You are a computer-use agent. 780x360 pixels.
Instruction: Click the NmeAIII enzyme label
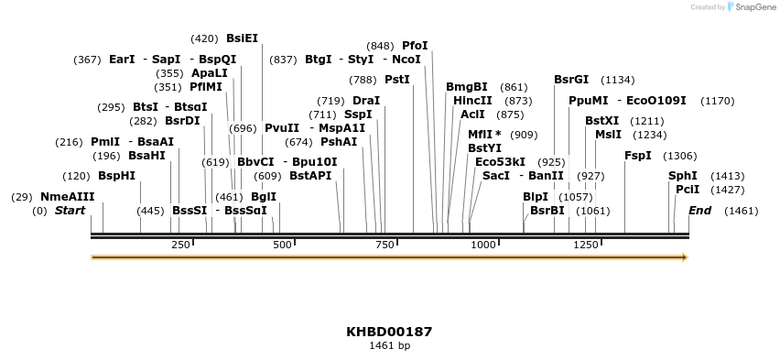[x=67, y=197]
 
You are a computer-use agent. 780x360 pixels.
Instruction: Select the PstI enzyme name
[x=396, y=80]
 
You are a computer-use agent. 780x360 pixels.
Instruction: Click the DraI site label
[x=365, y=101]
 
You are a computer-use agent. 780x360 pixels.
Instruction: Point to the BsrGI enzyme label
[x=571, y=80]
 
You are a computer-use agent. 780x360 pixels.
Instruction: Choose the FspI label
[x=637, y=156]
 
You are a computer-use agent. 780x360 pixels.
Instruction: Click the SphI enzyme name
[x=682, y=176]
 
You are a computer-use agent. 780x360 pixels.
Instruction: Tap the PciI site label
[x=687, y=190]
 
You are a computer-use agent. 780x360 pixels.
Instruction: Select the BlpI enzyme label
[x=535, y=197]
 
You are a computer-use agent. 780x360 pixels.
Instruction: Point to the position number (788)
[x=363, y=80]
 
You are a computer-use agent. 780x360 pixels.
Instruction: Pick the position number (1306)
[x=679, y=156]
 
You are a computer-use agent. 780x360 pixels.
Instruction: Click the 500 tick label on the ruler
[x=282, y=245]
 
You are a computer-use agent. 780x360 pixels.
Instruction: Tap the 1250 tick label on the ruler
[x=585, y=245]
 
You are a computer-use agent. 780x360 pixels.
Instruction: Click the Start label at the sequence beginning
[x=70, y=211]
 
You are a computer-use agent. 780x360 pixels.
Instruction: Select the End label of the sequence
[x=699, y=211]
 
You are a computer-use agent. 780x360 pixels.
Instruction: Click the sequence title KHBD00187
[x=389, y=332]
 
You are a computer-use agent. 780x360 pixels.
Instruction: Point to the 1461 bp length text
[x=389, y=346]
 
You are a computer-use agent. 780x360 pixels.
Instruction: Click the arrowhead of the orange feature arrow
[x=683, y=257]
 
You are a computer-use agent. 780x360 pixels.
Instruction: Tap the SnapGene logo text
[x=749, y=7]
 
